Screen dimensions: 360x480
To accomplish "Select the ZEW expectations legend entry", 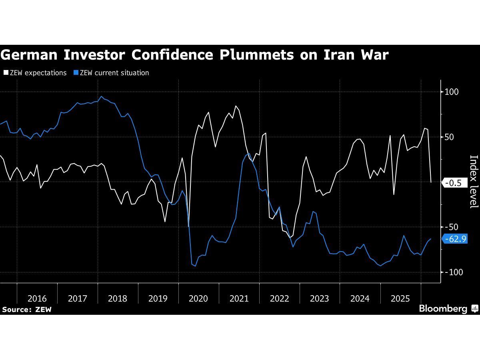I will coord(35,73).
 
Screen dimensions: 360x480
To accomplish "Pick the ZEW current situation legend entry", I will coord(112,73).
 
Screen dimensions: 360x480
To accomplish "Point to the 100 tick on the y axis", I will coord(451,92).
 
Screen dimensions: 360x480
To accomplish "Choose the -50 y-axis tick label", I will coord(451,227).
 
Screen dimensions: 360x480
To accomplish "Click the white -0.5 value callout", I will coord(454,183).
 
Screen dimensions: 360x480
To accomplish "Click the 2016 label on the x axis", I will coord(37,298).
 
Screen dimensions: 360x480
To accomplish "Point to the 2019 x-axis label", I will coord(158,298).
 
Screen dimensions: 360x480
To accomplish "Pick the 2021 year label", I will coord(239,298).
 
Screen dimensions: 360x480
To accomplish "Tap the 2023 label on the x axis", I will coord(320,298).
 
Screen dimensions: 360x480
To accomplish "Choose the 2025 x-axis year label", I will coord(400,298).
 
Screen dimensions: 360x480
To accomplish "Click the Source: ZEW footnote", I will coord(27,310).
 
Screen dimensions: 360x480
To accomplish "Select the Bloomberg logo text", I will coord(443,309).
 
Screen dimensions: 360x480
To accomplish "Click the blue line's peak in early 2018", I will coord(101,96).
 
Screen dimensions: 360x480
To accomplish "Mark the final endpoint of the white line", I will coord(431,182).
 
